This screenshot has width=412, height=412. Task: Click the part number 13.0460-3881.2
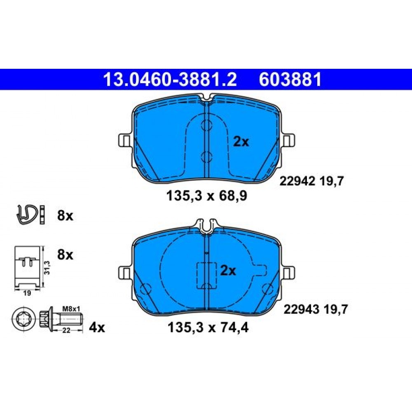[x=170, y=80]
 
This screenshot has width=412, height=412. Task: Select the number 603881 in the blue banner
[x=290, y=80]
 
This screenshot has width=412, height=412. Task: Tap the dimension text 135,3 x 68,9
[x=207, y=196]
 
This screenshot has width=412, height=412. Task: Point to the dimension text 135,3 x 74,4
[x=208, y=328]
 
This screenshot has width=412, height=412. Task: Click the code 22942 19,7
[x=311, y=181]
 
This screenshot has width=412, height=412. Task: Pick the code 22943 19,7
[x=316, y=309]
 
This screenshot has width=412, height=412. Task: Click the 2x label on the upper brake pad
[x=241, y=142]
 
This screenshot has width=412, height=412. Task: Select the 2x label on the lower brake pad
[x=228, y=270]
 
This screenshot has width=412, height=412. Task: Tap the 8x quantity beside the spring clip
[x=65, y=215]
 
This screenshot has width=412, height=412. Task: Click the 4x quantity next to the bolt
[x=97, y=328]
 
